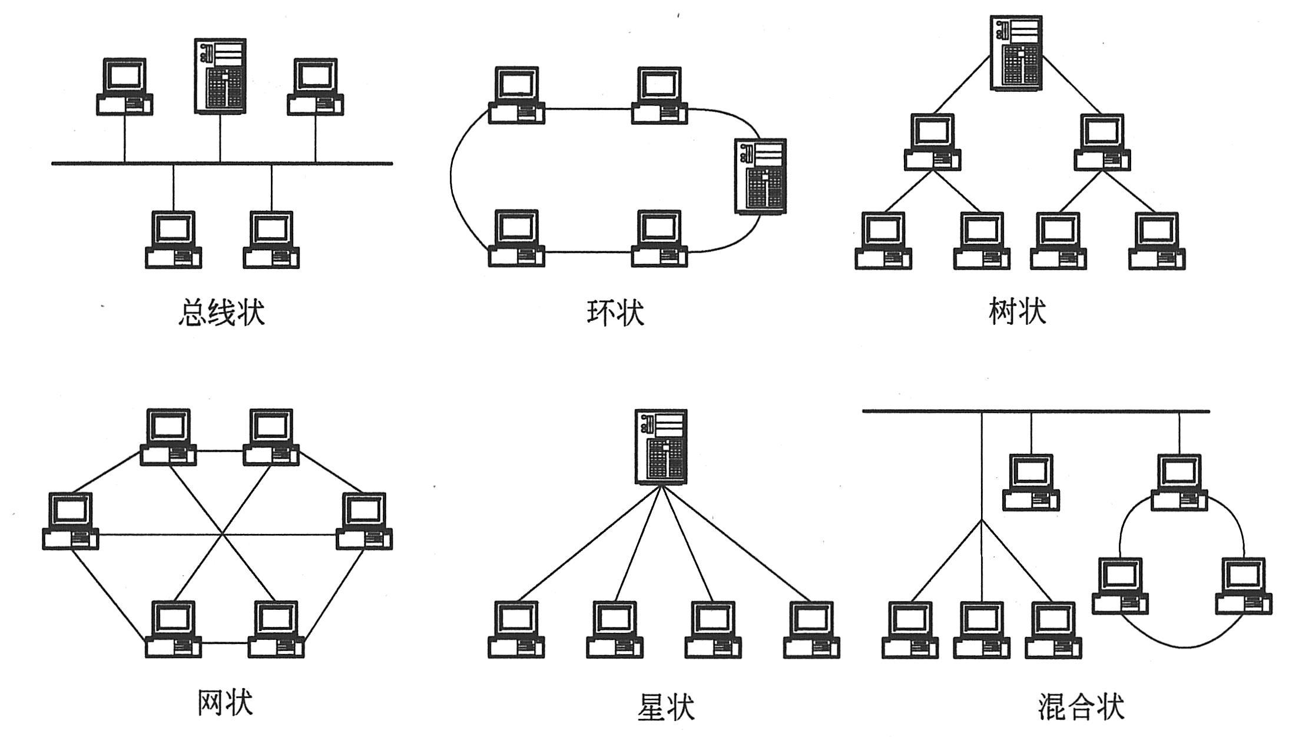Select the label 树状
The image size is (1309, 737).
tap(1018, 311)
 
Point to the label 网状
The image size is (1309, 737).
tap(225, 702)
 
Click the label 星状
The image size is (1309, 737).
tap(665, 706)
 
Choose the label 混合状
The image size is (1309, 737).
tap(1081, 706)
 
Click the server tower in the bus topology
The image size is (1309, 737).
tap(220, 76)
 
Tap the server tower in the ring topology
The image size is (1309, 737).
tap(760, 176)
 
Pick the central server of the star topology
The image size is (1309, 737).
tap(661, 447)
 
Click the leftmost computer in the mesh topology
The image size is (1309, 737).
tap(71, 521)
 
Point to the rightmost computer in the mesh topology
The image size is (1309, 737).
tap(364, 521)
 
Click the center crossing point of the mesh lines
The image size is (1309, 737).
tap(222, 535)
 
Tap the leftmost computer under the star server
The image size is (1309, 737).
tap(516, 629)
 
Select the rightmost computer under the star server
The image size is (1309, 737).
tap(811, 629)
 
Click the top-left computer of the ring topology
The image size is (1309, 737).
tap(516, 95)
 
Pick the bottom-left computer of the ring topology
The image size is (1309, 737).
tap(516, 238)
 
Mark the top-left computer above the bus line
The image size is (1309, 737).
tap(124, 87)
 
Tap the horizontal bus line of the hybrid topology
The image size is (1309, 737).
tap(1036, 411)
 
